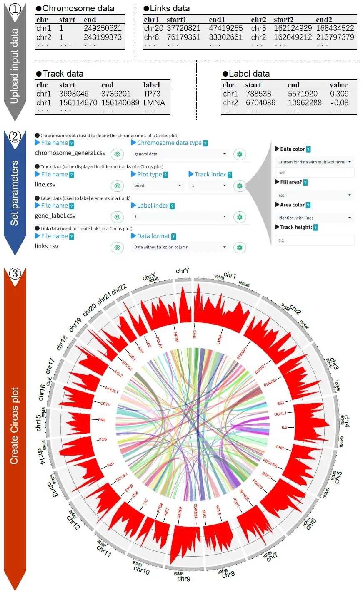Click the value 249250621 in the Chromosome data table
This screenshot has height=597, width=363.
pos(103,28)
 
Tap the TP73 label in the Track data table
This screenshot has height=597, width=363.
pos(152,94)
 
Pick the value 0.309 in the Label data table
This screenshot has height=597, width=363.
pos(339,94)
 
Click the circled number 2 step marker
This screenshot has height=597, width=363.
pos(15,136)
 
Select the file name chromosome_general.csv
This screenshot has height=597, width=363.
pos(70,153)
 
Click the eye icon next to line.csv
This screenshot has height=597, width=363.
pos(118,186)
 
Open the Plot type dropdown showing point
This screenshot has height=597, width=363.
pos(157,186)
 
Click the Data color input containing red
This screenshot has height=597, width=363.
pos(315,173)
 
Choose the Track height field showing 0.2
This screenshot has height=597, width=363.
pos(315,240)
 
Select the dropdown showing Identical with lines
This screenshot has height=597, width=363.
pos(315,218)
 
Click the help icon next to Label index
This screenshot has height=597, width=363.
pos(173,206)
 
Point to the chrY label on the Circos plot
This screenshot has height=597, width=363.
pos(182,271)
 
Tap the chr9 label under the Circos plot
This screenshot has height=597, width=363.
pos(184,579)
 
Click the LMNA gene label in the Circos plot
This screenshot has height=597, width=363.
pos(219,339)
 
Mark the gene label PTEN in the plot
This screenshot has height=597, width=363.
pos(160,508)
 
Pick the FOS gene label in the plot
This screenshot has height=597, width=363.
pos(103,440)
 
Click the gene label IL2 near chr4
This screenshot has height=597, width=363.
pos(284,427)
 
